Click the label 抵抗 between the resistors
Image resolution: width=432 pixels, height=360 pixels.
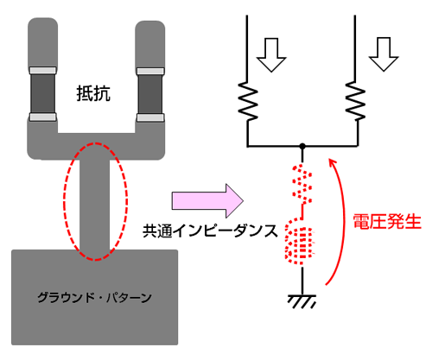(x=93, y=93)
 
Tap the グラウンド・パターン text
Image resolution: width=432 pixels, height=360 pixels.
(x=94, y=297)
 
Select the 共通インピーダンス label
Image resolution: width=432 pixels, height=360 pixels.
(x=210, y=231)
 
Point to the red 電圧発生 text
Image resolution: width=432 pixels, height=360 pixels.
(x=387, y=222)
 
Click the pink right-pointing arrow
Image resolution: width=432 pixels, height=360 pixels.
(x=207, y=200)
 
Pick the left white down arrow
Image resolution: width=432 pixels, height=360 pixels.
(x=271, y=54)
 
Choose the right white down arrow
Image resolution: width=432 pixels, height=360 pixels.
(x=384, y=54)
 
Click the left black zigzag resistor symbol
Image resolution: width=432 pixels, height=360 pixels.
(x=248, y=100)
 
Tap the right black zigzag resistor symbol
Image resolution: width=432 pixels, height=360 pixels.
(x=355, y=100)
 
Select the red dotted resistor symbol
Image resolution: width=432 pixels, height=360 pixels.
(x=302, y=184)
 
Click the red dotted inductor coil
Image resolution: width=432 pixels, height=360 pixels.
(x=300, y=243)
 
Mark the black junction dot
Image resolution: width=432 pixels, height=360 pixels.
(x=302, y=146)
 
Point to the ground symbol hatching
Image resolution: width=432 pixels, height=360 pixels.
(x=302, y=301)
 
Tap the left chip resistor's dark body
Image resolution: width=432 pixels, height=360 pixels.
(x=43, y=93)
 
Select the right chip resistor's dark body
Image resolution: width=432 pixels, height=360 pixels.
(x=150, y=94)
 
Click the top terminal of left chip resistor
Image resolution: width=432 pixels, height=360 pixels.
(x=43, y=71)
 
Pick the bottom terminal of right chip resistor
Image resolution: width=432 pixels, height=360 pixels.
(x=150, y=117)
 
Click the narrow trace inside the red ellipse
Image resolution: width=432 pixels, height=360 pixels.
(x=95, y=205)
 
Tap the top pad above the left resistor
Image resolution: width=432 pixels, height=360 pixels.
(x=42, y=42)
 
